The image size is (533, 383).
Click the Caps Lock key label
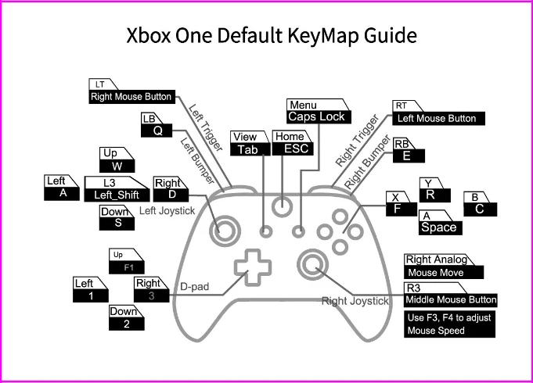click(x=315, y=116)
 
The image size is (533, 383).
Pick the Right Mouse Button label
click(x=131, y=98)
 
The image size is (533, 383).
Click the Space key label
click(x=438, y=227)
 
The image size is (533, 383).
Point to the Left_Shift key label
click(x=117, y=195)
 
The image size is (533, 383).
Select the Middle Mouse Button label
click(x=451, y=300)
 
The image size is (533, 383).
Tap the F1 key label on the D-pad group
click(x=128, y=267)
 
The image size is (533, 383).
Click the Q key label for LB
click(x=158, y=131)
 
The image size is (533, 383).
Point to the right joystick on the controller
click(x=312, y=266)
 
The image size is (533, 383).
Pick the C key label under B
click(x=480, y=209)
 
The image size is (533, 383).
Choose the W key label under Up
click(x=118, y=166)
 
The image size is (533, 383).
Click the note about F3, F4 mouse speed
click(x=451, y=324)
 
